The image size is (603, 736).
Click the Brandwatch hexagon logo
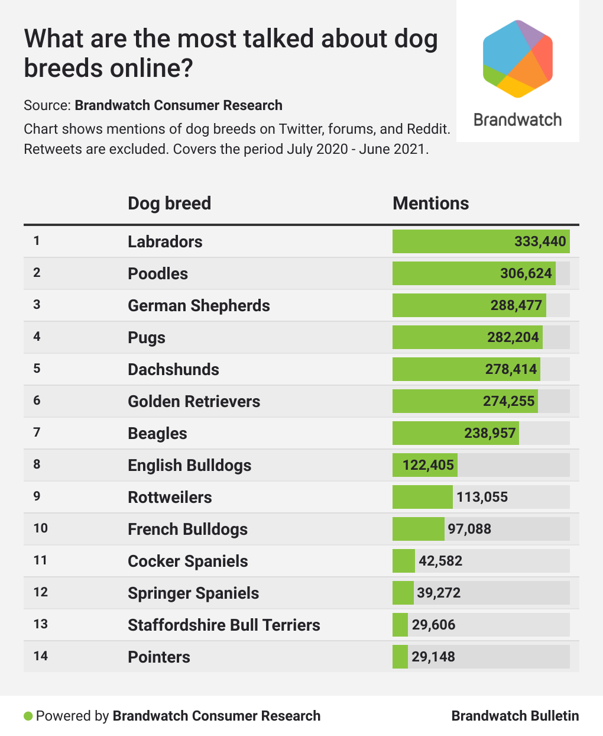(x=518, y=59)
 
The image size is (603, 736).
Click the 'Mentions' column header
(x=430, y=204)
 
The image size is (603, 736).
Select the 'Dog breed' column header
(x=169, y=204)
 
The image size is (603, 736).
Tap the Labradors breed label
(x=165, y=241)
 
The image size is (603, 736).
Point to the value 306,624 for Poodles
(x=526, y=273)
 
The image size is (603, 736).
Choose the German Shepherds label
(x=199, y=305)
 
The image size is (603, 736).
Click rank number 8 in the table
(x=37, y=464)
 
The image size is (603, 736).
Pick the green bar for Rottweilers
(x=422, y=497)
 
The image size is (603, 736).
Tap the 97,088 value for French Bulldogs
(x=469, y=529)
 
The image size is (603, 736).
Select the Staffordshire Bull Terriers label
(x=223, y=625)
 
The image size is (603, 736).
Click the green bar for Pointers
(x=400, y=657)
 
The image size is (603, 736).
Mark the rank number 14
(x=40, y=656)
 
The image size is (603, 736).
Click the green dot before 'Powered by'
(x=28, y=716)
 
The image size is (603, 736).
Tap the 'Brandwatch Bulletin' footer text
(x=515, y=716)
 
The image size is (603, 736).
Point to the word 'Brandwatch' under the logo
(x=518, y=120)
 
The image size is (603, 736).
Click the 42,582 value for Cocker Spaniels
(x=440, y=561)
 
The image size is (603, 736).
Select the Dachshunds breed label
(x=173, y=369)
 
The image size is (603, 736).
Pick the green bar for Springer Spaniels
(x=403, y=593)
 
